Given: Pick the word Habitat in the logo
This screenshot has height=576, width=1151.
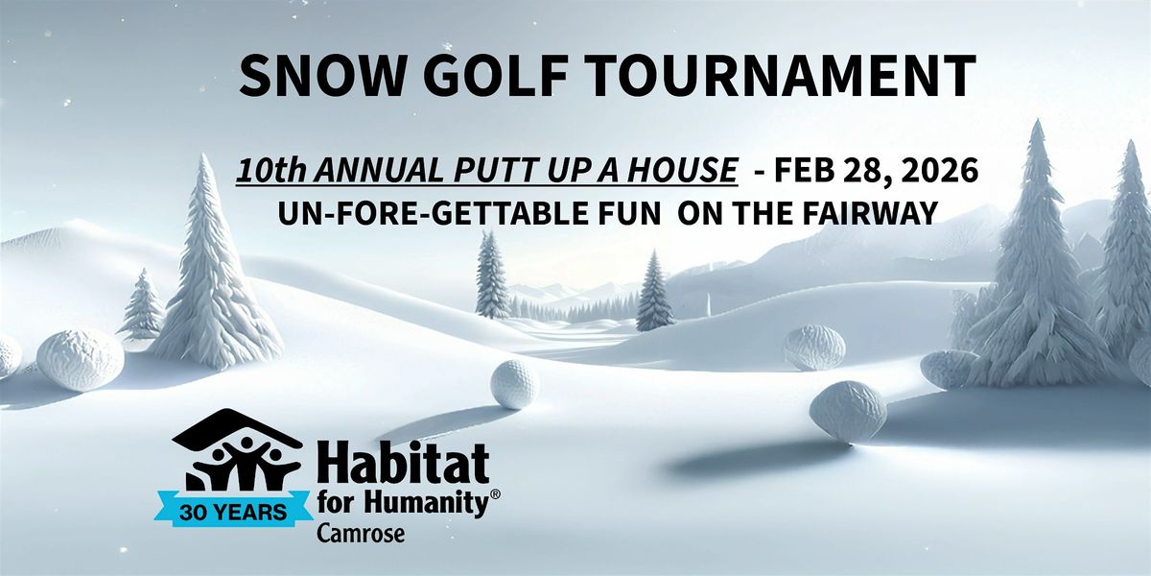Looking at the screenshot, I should point(403,465).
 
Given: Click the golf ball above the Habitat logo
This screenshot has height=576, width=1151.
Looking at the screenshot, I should point(515,384).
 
